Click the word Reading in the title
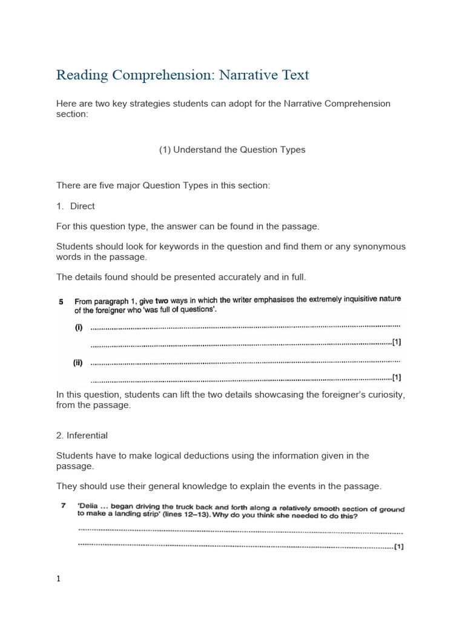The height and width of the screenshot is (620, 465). [79, 76]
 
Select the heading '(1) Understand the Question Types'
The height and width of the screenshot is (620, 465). [232, 150]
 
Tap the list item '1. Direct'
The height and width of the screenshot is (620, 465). [76, 206]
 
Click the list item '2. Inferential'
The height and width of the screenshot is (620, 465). [82, 435]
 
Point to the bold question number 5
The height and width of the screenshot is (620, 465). [61, 301]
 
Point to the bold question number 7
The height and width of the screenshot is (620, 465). [62, 505]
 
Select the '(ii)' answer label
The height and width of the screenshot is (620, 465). [78, 363]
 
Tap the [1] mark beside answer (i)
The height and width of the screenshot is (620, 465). [397, 342]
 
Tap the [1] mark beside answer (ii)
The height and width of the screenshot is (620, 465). [397, 377]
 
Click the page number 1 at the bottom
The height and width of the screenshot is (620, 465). [58, 578]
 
